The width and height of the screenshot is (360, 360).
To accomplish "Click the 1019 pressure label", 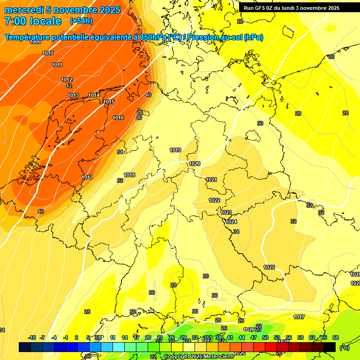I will (x=175, y=150).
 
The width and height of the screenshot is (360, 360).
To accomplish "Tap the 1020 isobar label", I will (x=195, y=164).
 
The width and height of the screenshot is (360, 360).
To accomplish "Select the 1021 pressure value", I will (x=211, y=180).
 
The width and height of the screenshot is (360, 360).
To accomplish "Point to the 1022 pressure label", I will (x=214, y=200).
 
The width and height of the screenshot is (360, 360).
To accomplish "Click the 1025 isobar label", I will (x=269, y=267).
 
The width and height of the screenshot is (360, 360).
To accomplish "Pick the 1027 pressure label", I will (x=299, y=317).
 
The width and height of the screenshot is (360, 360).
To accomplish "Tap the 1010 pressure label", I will (x=48, y=53).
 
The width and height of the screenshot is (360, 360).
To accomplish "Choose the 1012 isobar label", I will (x=67, y=80).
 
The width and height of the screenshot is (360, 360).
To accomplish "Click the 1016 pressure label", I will (x=118, y=118).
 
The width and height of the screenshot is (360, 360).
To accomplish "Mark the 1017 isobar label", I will (x=87, y=177).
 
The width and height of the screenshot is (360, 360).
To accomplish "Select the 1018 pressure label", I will (x=129, y=175).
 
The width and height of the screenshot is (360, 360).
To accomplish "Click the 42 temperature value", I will (x=69, y=86).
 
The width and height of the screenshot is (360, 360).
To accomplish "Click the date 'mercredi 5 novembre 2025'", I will (x=62, y=10).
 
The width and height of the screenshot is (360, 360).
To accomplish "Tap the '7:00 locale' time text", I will (x=33, y=21).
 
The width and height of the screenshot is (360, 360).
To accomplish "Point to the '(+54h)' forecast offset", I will (x=81, y=21).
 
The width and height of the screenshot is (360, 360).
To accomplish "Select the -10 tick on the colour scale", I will (x=32, y=337).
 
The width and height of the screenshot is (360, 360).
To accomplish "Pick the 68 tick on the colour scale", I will (x=336, y=337).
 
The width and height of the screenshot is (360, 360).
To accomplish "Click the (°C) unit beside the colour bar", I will (x=345, y=348).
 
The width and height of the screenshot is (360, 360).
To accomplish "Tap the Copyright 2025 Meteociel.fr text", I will (x=199, y=357).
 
